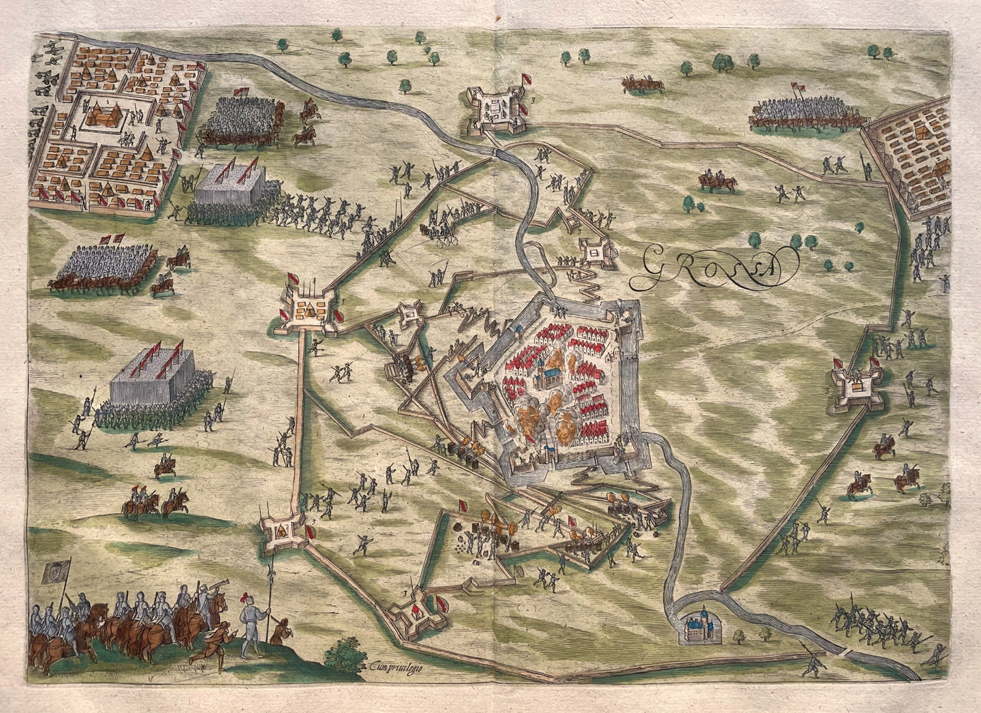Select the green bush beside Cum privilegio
[x=352, y=652]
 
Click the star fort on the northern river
[x=495, y=108]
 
